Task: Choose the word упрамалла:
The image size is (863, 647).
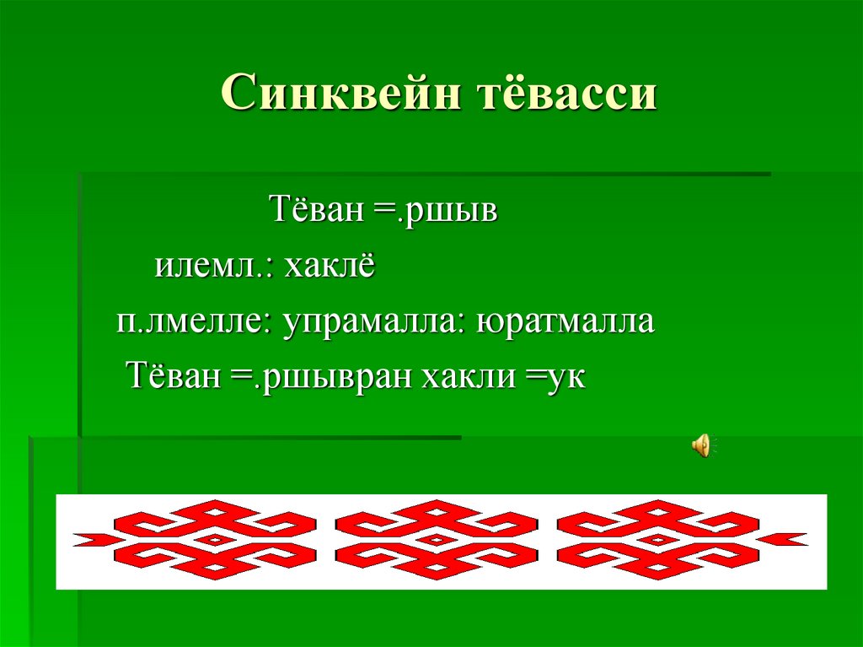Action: [x=376, y=322]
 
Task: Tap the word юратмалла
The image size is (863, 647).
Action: [x=566, y=322]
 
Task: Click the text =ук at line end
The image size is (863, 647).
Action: [x=555, y=376]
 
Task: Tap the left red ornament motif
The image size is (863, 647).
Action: [x=216, y=539]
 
